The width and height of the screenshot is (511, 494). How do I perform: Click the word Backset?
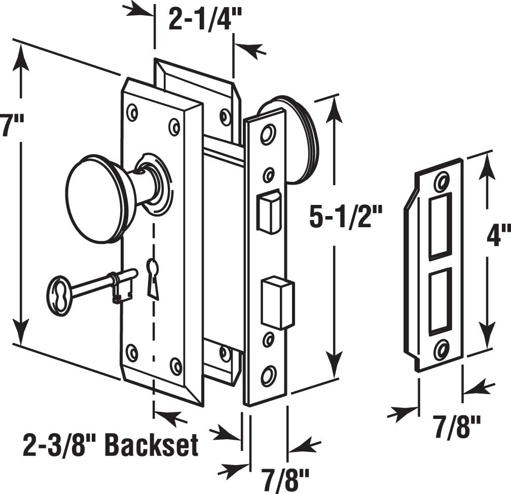click(152, 446)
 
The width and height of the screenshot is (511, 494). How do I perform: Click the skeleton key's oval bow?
click(59, 296)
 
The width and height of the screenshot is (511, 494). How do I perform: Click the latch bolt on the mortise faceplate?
click(268, 211)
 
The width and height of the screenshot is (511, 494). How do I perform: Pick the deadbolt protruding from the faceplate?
click(277, 302)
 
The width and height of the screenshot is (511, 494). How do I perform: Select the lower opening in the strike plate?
click(439, 301)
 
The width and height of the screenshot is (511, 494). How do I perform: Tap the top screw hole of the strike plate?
click(442, 181)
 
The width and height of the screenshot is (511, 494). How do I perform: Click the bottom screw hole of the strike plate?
click(441, 349)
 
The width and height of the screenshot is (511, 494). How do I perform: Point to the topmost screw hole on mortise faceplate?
click(267, 134)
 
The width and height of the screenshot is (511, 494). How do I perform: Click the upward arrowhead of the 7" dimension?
click(20, 58)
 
